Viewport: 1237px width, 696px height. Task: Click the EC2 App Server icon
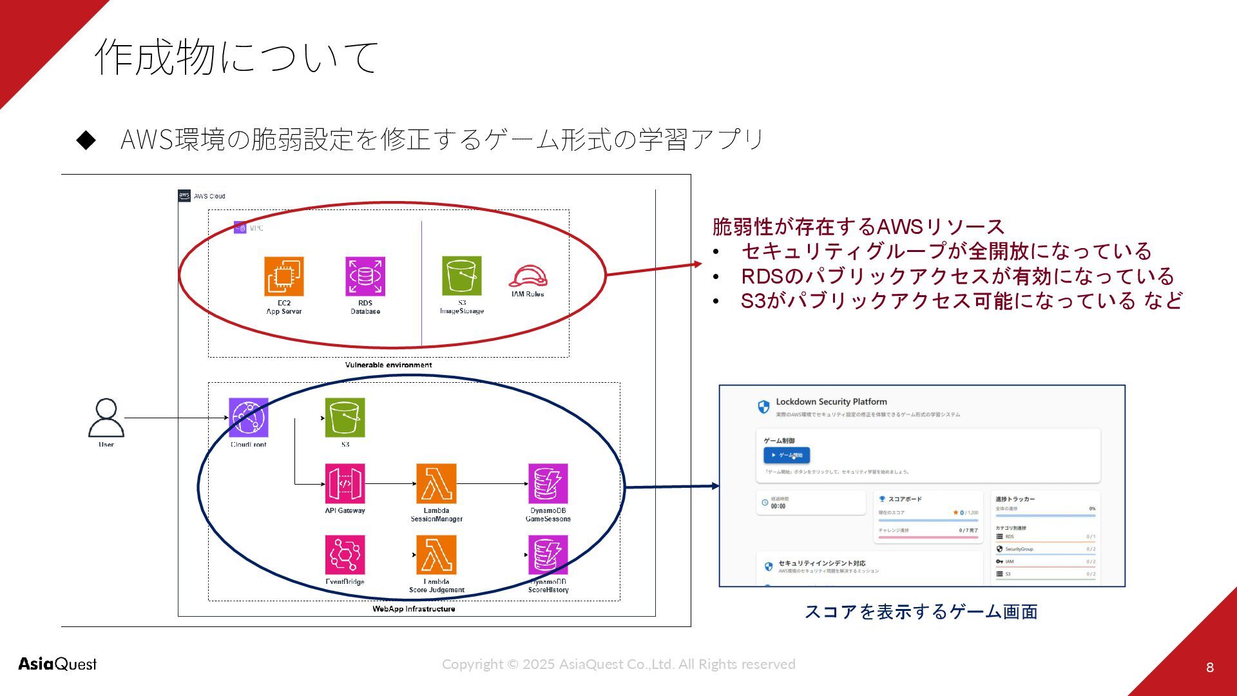(x=284, y=276)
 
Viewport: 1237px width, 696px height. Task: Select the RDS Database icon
(x=365, y=276)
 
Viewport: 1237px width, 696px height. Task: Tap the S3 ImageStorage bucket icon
(x=462, y=276)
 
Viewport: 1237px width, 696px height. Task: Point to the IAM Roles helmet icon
(x=528, y=276)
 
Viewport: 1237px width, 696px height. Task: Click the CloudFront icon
(x=249, y=418)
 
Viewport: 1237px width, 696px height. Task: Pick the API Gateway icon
(x=345, y=483)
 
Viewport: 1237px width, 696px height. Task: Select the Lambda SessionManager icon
(x=436, y=483)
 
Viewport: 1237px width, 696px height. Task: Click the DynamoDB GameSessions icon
(x=548, y=483)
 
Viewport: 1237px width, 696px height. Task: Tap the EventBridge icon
(x=345, y=555)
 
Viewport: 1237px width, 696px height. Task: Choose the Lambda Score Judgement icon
(x=436, y=555)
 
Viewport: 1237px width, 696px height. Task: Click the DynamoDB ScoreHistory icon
(x=548, y=555)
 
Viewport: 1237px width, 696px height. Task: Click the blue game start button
(x=787, y=456)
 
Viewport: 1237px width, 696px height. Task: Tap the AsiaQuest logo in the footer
(x=57, y=664)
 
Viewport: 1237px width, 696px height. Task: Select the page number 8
(x=1210, y=668)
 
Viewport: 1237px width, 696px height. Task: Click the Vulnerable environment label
(x=388, y=365)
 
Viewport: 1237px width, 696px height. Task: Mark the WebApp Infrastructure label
(x=414, y=609)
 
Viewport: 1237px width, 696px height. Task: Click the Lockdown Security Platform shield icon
(x=763, y=407)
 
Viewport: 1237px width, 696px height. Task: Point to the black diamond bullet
(x=86, y=140)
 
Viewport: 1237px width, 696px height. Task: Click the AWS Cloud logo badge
(x=185, y=196)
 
